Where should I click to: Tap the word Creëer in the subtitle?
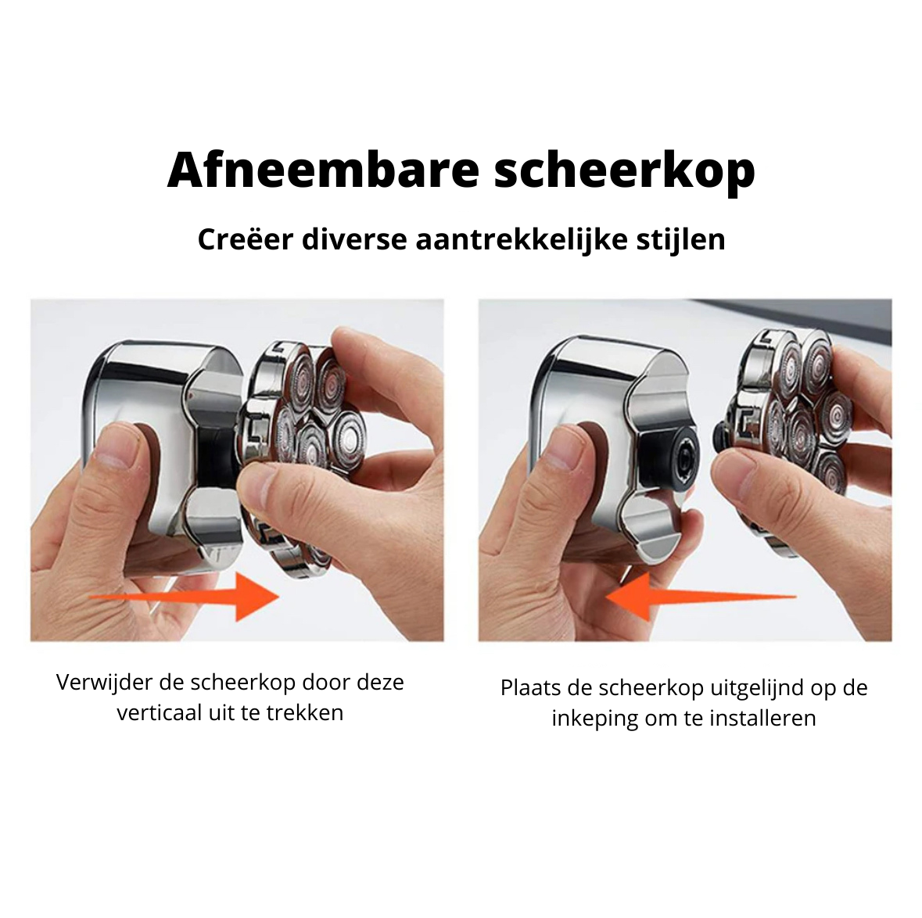click(246, 238)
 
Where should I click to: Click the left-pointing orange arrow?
click(701, 597)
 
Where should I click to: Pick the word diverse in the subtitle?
click(354, 238)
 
